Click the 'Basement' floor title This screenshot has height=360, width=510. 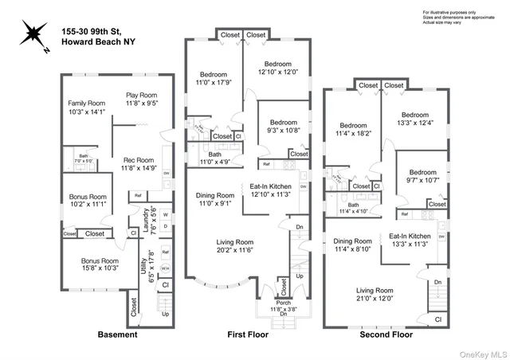116,335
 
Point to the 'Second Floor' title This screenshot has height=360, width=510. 386,335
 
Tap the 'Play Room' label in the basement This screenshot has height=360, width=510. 141,95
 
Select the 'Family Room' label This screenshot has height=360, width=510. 85,104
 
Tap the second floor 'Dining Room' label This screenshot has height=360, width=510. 354,241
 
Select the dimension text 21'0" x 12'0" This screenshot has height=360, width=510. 375,299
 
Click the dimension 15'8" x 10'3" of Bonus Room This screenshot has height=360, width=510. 99,268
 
